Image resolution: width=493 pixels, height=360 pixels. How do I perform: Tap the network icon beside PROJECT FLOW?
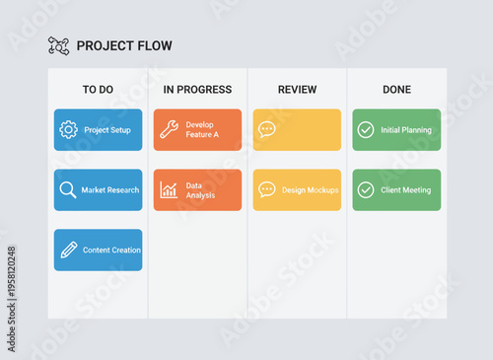click(58, 45)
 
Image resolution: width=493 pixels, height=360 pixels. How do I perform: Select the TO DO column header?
click(98, 90)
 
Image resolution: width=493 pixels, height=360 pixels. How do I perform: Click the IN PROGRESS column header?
click(197, 90)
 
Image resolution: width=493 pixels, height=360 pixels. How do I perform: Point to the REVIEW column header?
click(297, 90)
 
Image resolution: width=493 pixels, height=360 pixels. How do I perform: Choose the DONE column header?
click(396, 90)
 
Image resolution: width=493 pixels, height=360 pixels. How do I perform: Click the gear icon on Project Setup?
click(68, 129)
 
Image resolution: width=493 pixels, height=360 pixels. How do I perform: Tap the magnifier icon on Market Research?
click(68, 189)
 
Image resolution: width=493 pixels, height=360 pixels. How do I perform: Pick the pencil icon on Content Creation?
click(68, 250)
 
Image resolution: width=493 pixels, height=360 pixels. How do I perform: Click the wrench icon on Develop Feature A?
click(169, 129)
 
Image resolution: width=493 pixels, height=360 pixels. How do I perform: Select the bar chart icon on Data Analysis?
click(169, 189)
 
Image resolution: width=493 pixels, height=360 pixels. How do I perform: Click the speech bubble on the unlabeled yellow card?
click(267, 129)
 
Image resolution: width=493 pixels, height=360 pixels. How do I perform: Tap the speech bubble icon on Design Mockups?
click(267, 189)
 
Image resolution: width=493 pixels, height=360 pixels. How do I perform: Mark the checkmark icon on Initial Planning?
click(366, 129)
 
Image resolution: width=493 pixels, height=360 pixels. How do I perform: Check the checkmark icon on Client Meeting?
click(366, 189)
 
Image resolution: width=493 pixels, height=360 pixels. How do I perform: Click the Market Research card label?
click(110, 190)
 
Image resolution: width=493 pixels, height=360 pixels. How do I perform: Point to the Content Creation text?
click(111, 251)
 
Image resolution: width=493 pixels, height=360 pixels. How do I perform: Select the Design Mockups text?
click(310, 190)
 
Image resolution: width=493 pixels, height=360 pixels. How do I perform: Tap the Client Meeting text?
click(406, 190)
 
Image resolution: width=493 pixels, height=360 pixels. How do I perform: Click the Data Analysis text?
click(200, 189)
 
